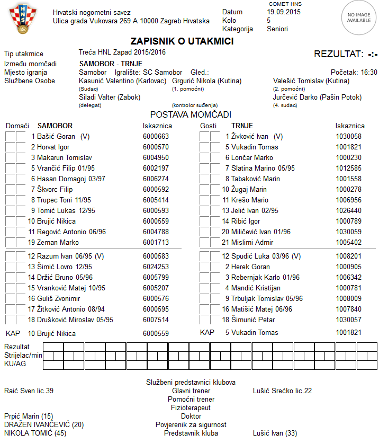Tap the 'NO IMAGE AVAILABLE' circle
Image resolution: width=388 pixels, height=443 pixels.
click(359, 17)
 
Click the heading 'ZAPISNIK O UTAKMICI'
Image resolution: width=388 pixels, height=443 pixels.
click(182, 41)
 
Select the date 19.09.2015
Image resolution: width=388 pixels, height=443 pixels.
click(284, 12)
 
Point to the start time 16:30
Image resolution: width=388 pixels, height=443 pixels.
click(368, 72)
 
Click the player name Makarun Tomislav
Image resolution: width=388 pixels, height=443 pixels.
click(65, 157)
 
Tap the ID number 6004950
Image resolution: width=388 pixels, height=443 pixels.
click(156, 157)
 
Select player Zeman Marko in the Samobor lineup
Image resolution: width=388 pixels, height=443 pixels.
click(55, 242)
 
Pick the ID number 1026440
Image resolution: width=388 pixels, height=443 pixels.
click(348, 210)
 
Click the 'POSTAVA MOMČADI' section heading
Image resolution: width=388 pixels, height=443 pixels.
click(191, 114)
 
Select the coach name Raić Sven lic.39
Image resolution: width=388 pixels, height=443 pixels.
click(29, 391)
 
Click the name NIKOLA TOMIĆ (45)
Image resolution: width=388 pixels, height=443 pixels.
click(35, 433)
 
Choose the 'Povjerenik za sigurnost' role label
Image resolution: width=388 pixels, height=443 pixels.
click(191, 424)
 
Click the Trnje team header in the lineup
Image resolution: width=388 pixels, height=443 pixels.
click(242, 126)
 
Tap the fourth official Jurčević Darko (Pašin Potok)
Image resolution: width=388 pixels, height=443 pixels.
click(317, 98)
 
